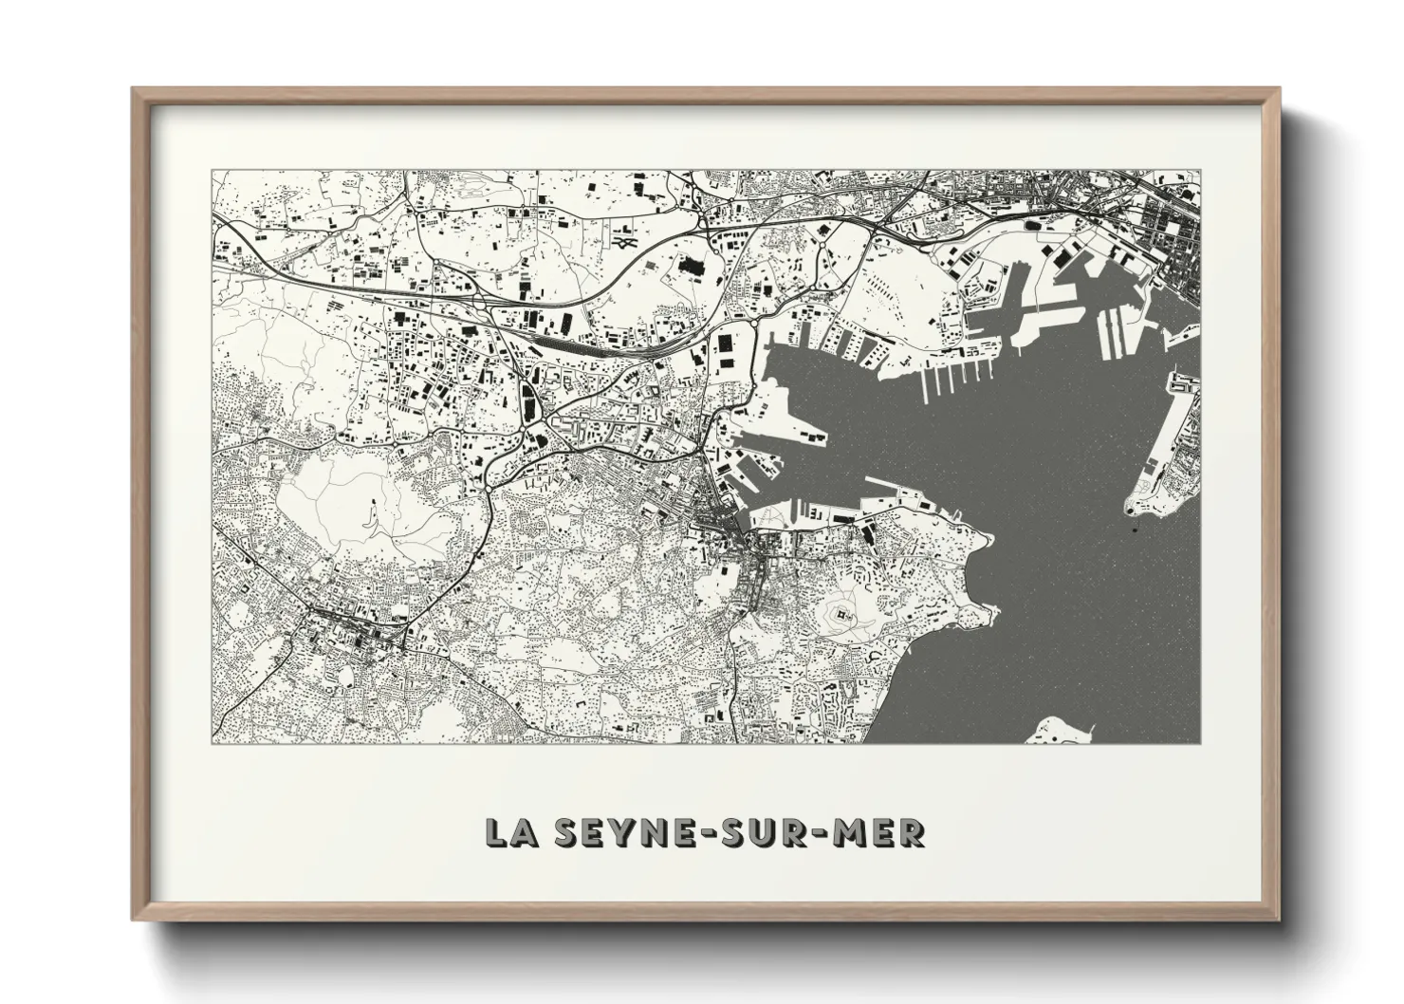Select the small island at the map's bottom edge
click(x=1063, y=732)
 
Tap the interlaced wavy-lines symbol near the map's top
click(x=623, y=243)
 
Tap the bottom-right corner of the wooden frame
click(x=1278, y=920)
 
